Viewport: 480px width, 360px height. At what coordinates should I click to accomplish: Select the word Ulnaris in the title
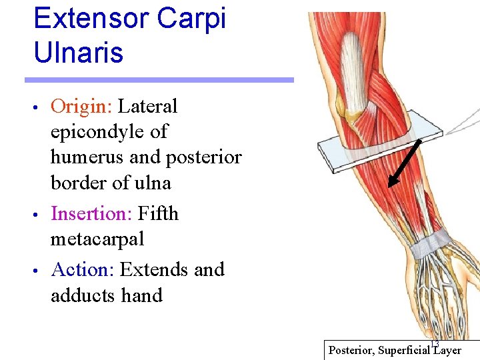(78, 53)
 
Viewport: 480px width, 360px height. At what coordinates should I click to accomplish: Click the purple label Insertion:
(91, 213)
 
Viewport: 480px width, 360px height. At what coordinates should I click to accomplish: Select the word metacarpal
(97, 239)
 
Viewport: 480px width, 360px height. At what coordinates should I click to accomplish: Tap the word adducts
(83, 295)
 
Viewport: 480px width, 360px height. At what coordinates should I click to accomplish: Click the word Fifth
(159, 213)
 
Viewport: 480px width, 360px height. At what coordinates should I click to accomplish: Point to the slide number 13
(435, 343)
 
